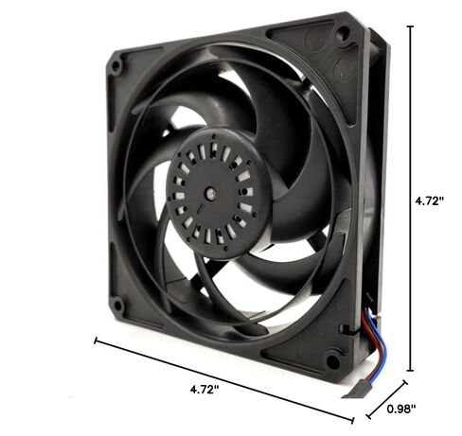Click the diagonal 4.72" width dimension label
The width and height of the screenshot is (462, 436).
click(204, 390)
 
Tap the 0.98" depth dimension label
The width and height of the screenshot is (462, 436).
click(400, 409)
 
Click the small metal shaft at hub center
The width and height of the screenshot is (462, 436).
click(210, 193)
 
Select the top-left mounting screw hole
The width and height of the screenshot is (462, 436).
click(116, 66)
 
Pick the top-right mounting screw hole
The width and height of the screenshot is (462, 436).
click(343, 32)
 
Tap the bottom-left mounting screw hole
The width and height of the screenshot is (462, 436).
click(117, 305)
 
